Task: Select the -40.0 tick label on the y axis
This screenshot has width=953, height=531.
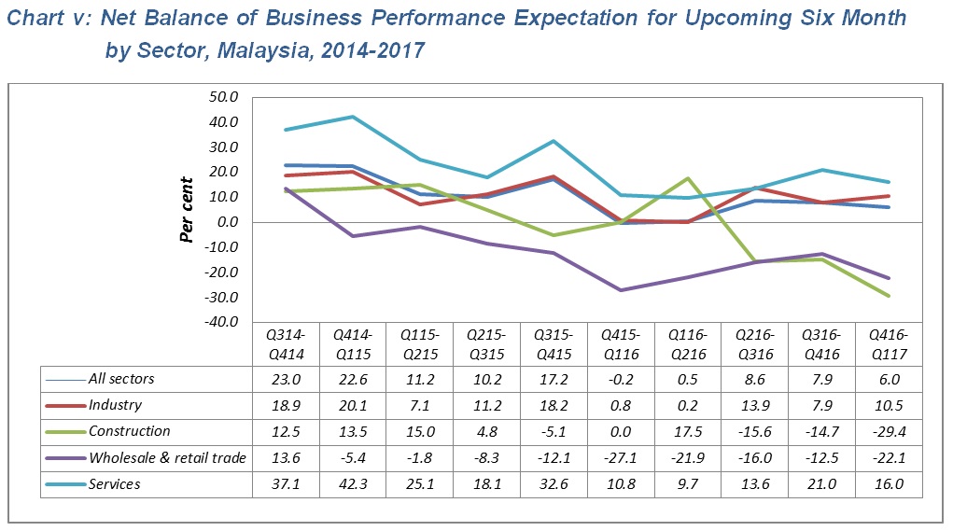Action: [x=225, y=322]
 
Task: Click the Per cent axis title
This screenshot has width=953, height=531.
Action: [x=187, y=209]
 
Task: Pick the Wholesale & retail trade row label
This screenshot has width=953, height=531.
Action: [x=167, y=457]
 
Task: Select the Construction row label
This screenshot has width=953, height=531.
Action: [x=130, y=431]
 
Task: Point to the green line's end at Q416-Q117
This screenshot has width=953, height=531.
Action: [x=888, y=296]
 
